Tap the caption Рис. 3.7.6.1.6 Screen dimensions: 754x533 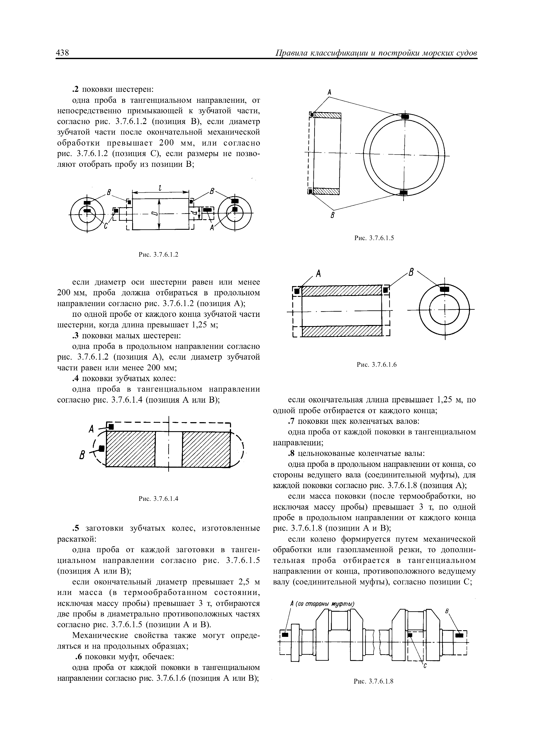[377, 365]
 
